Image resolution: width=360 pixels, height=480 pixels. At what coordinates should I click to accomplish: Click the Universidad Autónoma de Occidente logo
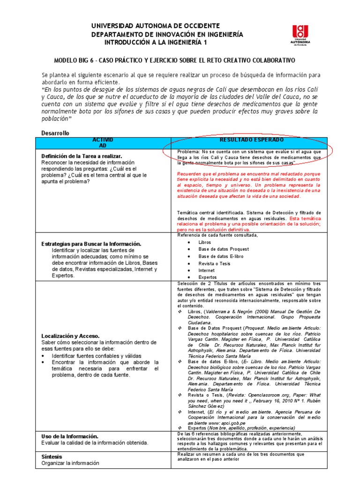click(x=300, y=36)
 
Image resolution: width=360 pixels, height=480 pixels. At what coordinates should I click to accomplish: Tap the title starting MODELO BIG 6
click(x=174, y=61)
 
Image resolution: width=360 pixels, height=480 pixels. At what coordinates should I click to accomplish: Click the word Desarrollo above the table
click(x=55, y=133)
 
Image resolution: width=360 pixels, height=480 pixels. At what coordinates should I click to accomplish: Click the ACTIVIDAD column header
click(x=103, y=143)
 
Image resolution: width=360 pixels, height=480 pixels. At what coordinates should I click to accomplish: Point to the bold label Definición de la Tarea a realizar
click(x=82, y=156)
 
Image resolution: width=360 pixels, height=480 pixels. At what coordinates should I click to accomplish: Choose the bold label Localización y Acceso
click(x=70, y=336)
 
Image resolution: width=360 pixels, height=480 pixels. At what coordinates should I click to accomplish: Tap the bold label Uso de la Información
click(x=69, y=436)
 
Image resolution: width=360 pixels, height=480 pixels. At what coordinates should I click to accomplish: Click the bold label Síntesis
click(x=52, y=456)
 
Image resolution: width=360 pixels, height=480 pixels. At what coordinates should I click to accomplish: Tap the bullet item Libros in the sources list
click(x=205, y=242)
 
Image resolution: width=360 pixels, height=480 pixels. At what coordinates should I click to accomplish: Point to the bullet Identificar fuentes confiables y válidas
click(x=103, y=356)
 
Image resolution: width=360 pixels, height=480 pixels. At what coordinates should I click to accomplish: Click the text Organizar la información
click(x=70, y=463)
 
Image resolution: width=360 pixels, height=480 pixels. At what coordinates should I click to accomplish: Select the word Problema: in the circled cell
click(x=188, y=152)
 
